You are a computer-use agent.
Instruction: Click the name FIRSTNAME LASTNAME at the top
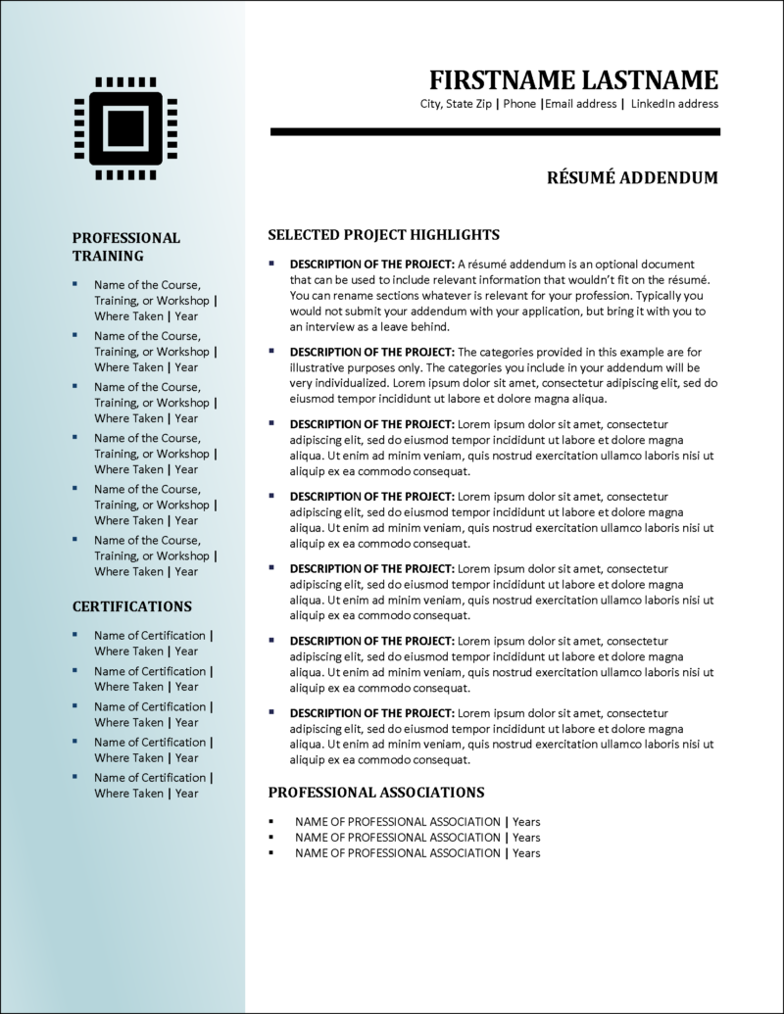[x=573, y=80]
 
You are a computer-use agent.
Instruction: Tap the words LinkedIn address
[x=674, y=104]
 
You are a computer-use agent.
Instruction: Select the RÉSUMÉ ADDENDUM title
[x=632, y=177]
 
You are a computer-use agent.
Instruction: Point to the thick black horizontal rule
[x=495, y=131]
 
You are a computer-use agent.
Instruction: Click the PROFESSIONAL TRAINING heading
[x=126, y=246]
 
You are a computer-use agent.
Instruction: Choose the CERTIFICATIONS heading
[x=132, y=606]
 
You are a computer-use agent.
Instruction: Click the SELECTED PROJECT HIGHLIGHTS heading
[x=384, y=234]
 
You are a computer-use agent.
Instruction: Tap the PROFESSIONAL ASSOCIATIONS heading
[x=376, y=792]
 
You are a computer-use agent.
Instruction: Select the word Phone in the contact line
[x=519, y=104]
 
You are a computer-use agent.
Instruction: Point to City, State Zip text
[x=456, y=104]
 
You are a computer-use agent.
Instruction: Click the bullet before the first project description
[x=272, y=265]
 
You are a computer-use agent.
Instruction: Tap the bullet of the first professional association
[x=272, y=822]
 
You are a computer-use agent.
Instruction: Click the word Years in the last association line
[x=526, y=853]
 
